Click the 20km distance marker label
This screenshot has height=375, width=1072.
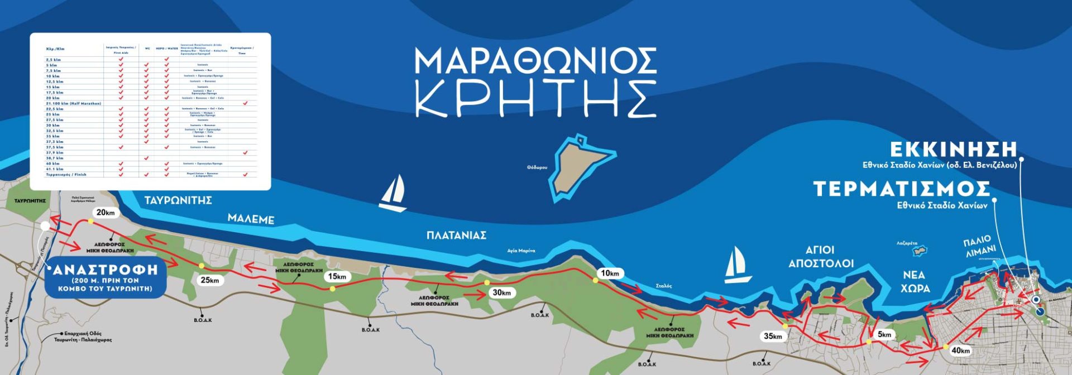click(106, 213)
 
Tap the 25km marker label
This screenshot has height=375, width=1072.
click(210, 280)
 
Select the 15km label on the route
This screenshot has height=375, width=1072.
click(337, 277)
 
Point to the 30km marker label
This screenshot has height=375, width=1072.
click(501, 292)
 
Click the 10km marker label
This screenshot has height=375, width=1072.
click(610, 273)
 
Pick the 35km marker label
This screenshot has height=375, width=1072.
click(773, 336)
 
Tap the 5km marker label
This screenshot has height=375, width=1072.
click(884, 334)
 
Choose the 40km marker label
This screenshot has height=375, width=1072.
click(960, 350)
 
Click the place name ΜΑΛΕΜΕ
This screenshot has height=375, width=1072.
click(251, 219)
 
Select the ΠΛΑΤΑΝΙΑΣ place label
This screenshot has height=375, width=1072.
click(456, 235)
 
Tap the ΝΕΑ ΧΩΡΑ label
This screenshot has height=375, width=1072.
click(915, 282)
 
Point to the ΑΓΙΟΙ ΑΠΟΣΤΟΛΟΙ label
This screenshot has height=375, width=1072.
click(820, 257)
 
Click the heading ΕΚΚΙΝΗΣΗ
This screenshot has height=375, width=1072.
click(953, 150)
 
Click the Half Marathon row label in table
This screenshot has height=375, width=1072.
click(73, 104)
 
